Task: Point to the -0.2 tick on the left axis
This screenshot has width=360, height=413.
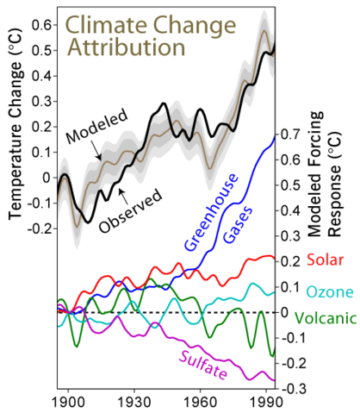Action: tap(37, 230)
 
